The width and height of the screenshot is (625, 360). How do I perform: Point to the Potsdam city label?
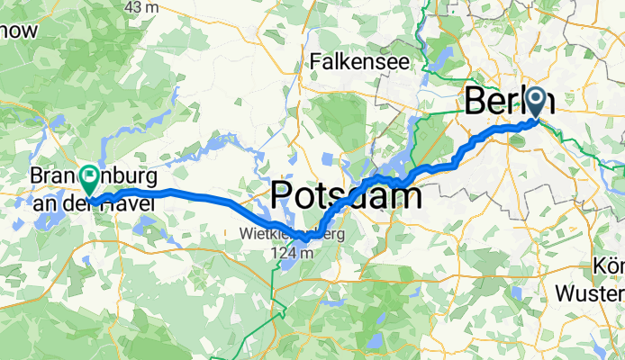tap(346, 195)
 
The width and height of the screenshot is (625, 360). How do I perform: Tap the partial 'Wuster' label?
tap(591, 293)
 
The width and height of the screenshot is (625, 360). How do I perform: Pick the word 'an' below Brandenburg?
tap(42, 205)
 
